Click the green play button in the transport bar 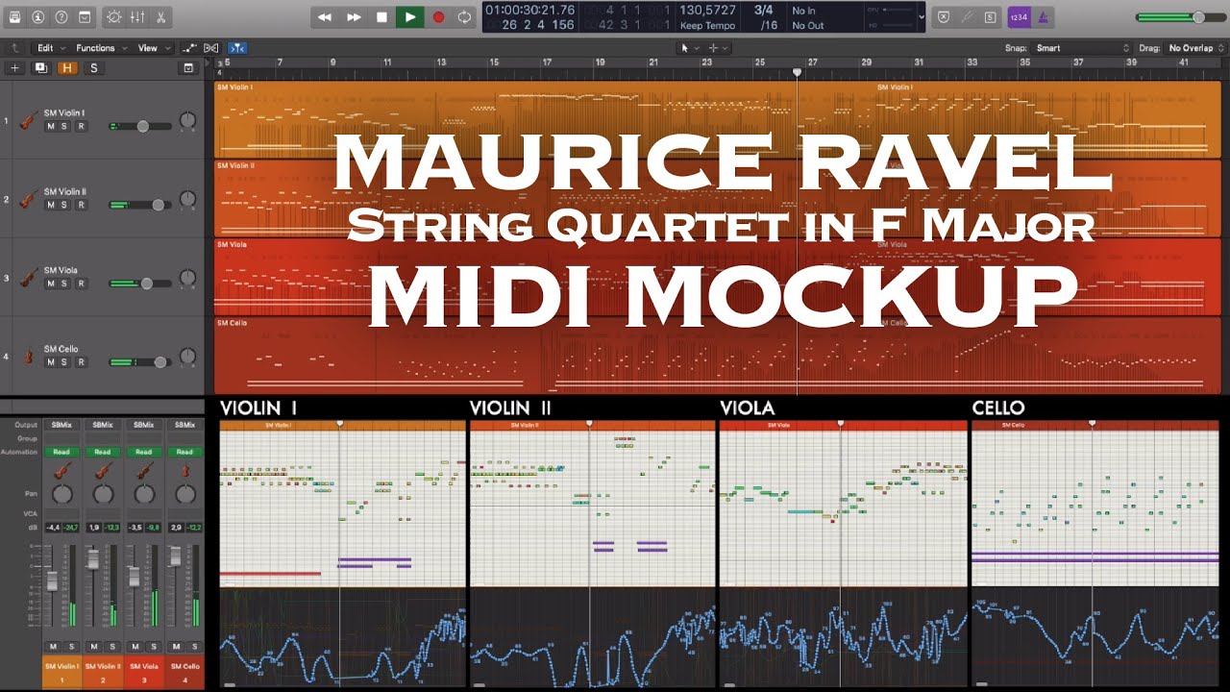coord(410,16)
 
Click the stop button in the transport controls coord(381,16)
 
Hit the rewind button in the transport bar coord(325,16)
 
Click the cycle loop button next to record coord(465,16)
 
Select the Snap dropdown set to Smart coord(1081,47)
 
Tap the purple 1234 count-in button coord(1018,17)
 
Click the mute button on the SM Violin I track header coord(50,126)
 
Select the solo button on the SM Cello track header coord(65,362)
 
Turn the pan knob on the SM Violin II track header coord(187,200)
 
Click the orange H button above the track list coord(67,67)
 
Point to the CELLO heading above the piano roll coord(998,408)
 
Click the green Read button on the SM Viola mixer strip coord(144,452)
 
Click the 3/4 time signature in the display coord(764,10)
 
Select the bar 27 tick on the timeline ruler coord(812,63)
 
